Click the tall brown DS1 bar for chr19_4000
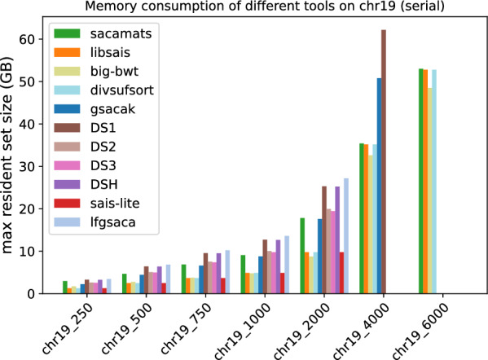(x=384, y=162)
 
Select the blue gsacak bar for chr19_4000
(x=379, y=186)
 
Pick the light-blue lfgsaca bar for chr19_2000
(x=346, y=236)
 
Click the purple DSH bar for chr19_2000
(x=337, y=240)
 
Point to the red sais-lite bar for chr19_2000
(x=341, y=273)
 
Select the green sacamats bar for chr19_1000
(x=243, y=274)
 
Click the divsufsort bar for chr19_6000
(x=434, y=182)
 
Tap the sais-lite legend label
(x=115, y=203)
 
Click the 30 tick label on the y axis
(x=27, y=166)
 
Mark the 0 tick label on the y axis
(x=31, y=294)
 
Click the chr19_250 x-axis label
(x=68, y=328)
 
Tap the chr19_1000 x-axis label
(x=243, y=331)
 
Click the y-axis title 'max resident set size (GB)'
(x=7, y=155)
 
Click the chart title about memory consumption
(x=265, y=6)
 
